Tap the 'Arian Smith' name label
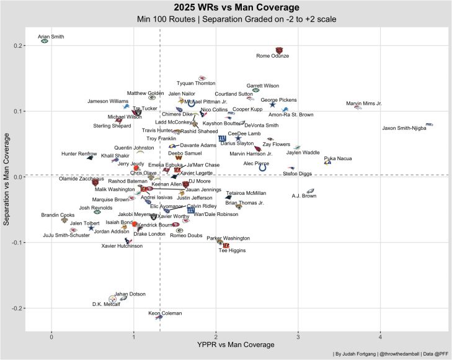click(x=51, y=37)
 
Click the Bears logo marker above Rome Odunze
click(x=279, y=50)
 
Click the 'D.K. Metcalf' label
click(x=106, y=304)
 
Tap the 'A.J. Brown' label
click(x=304, y=196)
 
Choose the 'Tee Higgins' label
click(x=232, y=251)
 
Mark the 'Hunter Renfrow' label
click(x=79, y=153)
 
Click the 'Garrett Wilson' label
click(x=263, y=86)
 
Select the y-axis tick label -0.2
click(x=15, y=308)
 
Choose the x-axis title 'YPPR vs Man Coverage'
click(x=236, y=345)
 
